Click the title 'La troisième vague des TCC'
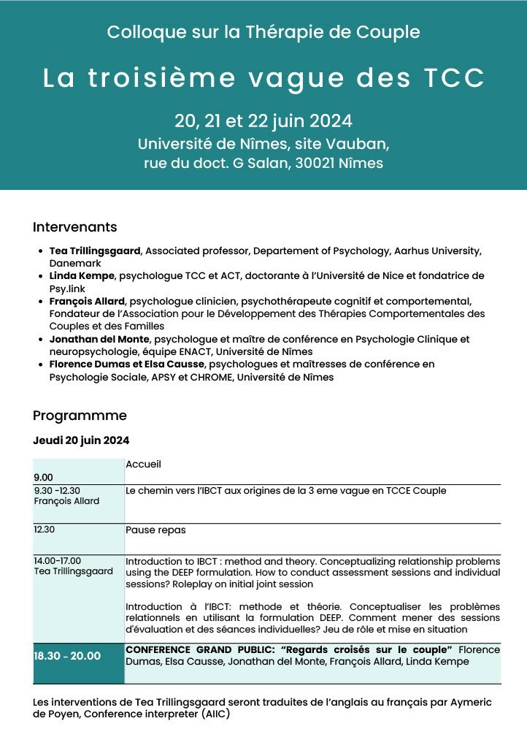click(263, 78)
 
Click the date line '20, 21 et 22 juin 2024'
click(263, 121)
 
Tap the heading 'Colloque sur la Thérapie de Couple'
click(263, 32)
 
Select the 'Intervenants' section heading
click(74, 227)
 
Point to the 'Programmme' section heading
click(80, 416)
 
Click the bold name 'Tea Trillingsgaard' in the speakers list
click(95, 251)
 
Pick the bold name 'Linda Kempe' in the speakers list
click(82, 276)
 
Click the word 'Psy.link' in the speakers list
click(68, 289)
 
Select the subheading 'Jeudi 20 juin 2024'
click(81, 440)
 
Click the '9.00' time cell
click(43, 477)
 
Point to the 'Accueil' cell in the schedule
click(143, 464)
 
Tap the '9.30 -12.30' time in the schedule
click(57, 491)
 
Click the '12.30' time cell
click(45, 530)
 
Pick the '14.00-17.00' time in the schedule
click(58, 561)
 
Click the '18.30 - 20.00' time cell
click(67, 656)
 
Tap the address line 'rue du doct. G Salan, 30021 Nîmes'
click(263, 163)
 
